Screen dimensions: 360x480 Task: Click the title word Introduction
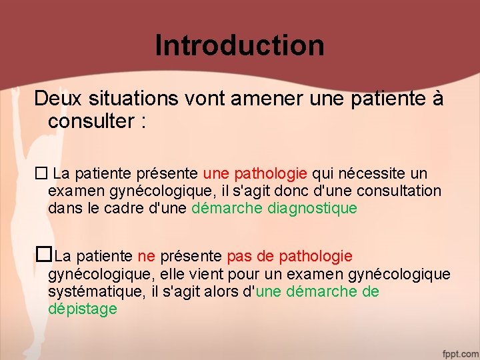click(x=239, y=45)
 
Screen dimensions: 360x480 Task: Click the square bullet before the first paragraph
click(x=40, y=174)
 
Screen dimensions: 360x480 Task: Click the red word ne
click(x=146, y=257)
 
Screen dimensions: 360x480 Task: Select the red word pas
click(x=239, y=257)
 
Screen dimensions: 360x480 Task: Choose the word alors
click(x=229, y=292)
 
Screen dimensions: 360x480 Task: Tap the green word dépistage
click(x=82, y=309)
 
